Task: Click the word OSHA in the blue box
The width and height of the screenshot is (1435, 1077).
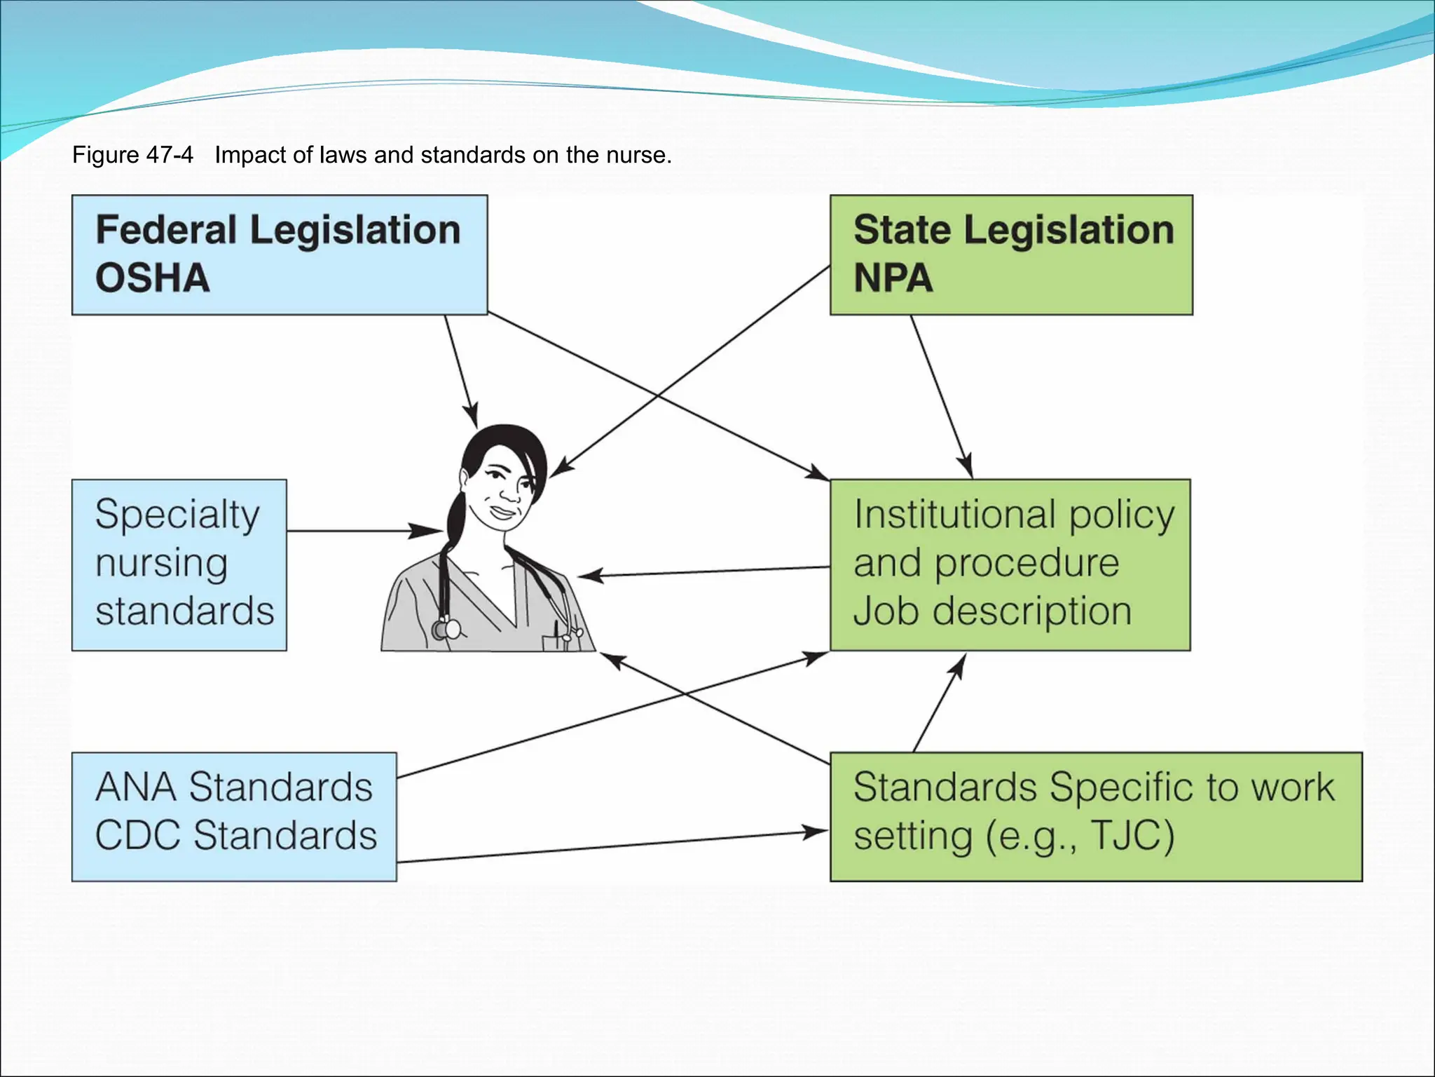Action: point(153,278)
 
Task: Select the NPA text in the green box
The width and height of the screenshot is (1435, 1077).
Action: point(893,278)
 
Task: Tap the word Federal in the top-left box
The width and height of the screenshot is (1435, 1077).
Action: point(166,230)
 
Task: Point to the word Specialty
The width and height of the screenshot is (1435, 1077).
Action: point(177,515)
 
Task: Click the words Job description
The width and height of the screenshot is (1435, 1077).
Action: point(992,611)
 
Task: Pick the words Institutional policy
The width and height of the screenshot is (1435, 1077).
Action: point(1014,515)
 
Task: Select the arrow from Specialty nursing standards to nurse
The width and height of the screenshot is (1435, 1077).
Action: point(357,531)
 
